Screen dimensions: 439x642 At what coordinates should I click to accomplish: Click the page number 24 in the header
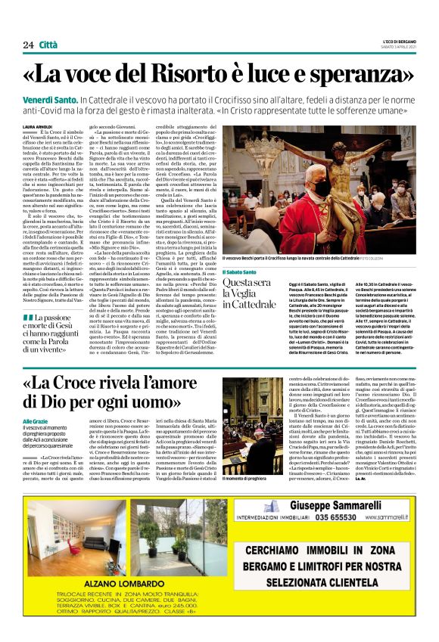point(28,45)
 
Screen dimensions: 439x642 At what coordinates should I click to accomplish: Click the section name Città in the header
point(50,45)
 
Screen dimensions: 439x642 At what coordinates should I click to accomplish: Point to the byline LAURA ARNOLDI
point(38,126)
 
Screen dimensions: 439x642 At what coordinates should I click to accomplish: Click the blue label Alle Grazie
point(35,421)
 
